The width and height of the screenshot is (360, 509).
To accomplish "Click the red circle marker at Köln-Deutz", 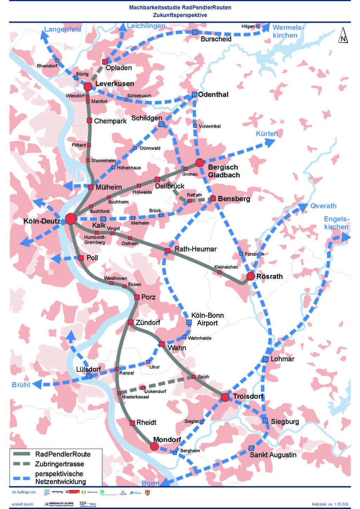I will tap(71, 218).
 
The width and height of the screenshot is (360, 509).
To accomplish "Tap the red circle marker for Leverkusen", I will tap(88, 86).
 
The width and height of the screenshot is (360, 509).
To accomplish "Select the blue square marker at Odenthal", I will tap(194, 94).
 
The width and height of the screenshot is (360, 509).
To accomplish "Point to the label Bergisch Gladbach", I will tap(224, 171).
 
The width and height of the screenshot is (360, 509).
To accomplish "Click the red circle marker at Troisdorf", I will tap(225, 397).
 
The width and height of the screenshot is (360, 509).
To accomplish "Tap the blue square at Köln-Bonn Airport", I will tap(189, 322).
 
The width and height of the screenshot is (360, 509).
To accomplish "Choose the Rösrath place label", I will tap(269, 276).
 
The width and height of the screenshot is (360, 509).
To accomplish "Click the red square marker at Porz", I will tap(137, 297).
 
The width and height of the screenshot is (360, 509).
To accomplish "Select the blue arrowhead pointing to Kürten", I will tap(270, 142).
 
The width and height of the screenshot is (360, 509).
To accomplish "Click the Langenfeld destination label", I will tap(63, 29).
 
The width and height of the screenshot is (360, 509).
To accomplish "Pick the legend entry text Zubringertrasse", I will tap(59, 464).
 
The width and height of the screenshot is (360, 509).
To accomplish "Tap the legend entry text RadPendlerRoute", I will tap(63, 454).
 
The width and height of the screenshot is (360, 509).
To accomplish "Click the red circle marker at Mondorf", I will tap(154, 446).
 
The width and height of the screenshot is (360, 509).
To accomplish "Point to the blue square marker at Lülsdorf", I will tap(89, 376).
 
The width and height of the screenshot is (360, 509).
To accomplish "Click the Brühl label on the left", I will tap(21, 384).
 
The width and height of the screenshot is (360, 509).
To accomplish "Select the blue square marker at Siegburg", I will tap(265, 420).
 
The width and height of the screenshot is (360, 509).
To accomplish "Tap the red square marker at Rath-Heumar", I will tap(167, 250).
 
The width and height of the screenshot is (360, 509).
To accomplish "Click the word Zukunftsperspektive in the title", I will tap(180, 15).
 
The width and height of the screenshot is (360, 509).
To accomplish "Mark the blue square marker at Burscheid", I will tap(195, 32).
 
